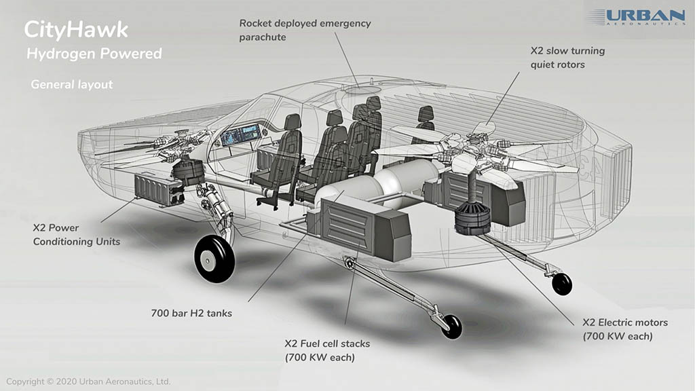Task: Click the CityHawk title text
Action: pos(75,30)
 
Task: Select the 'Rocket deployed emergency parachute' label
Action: pos(305,30)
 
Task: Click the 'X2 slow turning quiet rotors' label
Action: pos(567,58)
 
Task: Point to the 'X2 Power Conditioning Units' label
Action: pos(77,235)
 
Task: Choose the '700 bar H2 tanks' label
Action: pos(191,314)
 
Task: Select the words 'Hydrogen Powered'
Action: pos(94,54)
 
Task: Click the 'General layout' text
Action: pos(71,85)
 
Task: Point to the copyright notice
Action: pos(88,381)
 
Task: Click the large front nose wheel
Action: pos(214,258)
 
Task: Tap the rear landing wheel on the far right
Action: pos(562,284)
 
